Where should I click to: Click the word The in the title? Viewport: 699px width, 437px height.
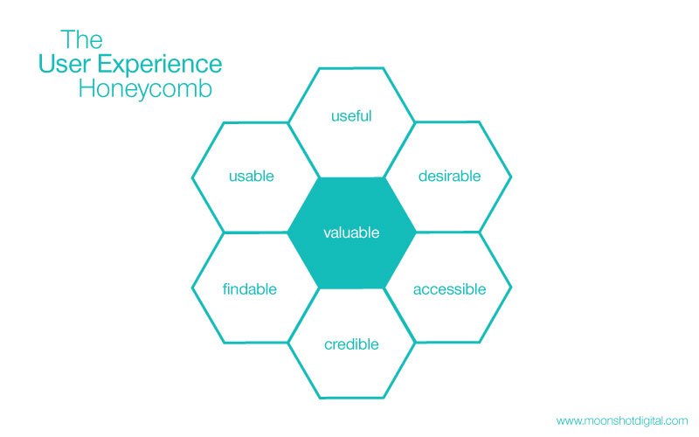pyautogui.click(x=81, y=40)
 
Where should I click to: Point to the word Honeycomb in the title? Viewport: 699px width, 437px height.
pyautogui.click(x=145, y=89)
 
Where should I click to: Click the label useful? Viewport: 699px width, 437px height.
pyautogui.click(x=351, y=115)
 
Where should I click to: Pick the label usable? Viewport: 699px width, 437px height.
pyautogui.click(x=252, y=176)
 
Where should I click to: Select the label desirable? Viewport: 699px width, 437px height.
pyautogui.click(x=449, y=176)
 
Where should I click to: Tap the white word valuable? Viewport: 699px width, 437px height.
pyautogui.click(x=351, y=233)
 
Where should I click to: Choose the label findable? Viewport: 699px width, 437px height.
pyautogui.click(x=250, y=288)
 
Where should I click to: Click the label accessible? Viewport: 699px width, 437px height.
pyautogui.click(x=449, y=288)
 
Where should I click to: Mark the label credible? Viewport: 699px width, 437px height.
pyautogui.click(x=351, y=344)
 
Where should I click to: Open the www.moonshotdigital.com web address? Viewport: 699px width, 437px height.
pyautogui.click(x=622, y=420)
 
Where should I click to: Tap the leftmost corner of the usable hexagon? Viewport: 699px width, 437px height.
pyautogui.click(x=192, y=177)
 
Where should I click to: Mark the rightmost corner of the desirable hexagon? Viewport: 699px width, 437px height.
pyautogui.click(x=511, y=177)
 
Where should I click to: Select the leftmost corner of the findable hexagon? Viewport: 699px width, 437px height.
pyautogui.click(x=192, y=288)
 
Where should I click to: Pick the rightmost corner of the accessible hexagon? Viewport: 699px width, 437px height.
pyautogui.click(x=511, y=288)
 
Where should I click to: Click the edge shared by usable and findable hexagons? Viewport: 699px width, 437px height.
pyautogui.click(x=256, y=232)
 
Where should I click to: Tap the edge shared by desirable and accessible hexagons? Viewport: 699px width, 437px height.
pyautogui.click(x=447, y=232)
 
